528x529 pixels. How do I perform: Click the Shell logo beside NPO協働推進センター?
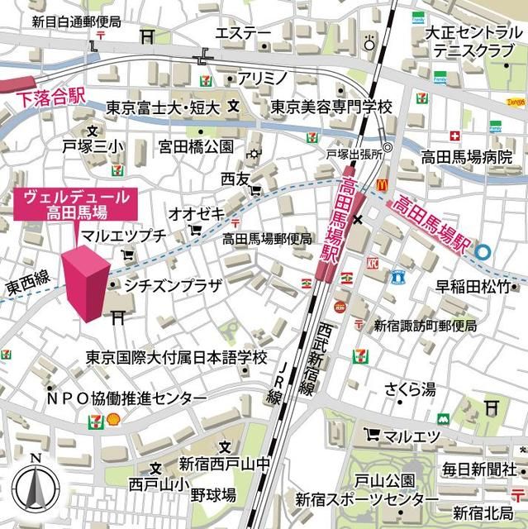click(x=113, y=418)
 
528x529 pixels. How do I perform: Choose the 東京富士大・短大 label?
click(x=163, y=107)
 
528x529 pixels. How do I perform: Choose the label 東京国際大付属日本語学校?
click(x=177, y=358)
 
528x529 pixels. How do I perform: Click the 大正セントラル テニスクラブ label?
click(x=468, y=42)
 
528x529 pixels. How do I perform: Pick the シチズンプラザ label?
click(x=174, y=287)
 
